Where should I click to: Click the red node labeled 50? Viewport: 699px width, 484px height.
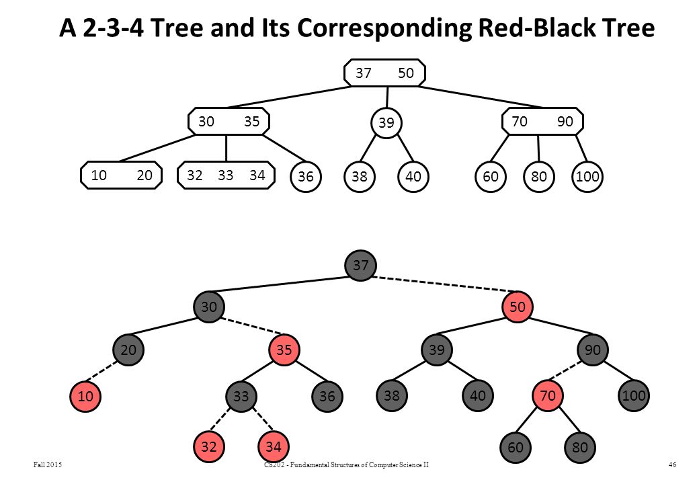point(517,307)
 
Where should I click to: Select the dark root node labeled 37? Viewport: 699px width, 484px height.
point(361,266)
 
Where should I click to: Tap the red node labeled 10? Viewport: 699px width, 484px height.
point(85,396)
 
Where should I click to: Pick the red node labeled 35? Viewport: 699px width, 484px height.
point(284,350)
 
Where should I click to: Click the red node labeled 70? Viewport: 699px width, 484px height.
point(548,396)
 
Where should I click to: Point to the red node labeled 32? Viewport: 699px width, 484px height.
point(208,446)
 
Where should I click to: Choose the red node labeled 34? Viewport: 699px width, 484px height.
point(274,446)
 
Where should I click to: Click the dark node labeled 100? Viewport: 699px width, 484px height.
point(634,395)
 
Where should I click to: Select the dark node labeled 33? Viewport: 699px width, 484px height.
point(241,396)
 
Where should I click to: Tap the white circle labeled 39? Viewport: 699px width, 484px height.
point(386,122)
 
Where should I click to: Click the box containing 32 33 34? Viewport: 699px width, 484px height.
point(226,175)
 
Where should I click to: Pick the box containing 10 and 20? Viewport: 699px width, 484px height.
point(121,175)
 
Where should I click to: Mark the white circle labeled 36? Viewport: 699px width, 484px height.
point(306,177)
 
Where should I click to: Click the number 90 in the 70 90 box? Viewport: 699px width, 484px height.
point(565,121)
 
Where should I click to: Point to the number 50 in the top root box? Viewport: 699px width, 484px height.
point(406,73)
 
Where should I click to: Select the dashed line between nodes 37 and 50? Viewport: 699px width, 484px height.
point(440,284)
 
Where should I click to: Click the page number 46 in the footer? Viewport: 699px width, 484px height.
point(672,465)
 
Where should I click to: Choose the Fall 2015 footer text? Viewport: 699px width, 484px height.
point(48,465)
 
